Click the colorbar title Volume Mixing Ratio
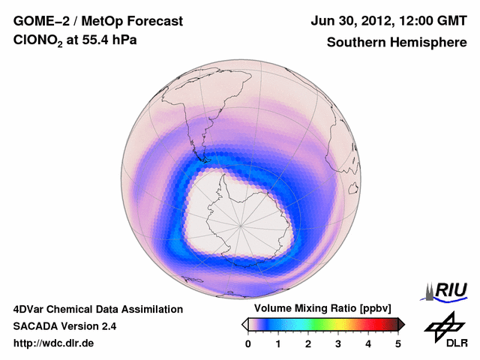[x=307, y=308]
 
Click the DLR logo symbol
[x=443, y=324]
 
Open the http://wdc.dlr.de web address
[x=54, y=343]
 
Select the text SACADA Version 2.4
[x=64, y=326]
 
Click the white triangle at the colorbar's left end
[x=244, y=324]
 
